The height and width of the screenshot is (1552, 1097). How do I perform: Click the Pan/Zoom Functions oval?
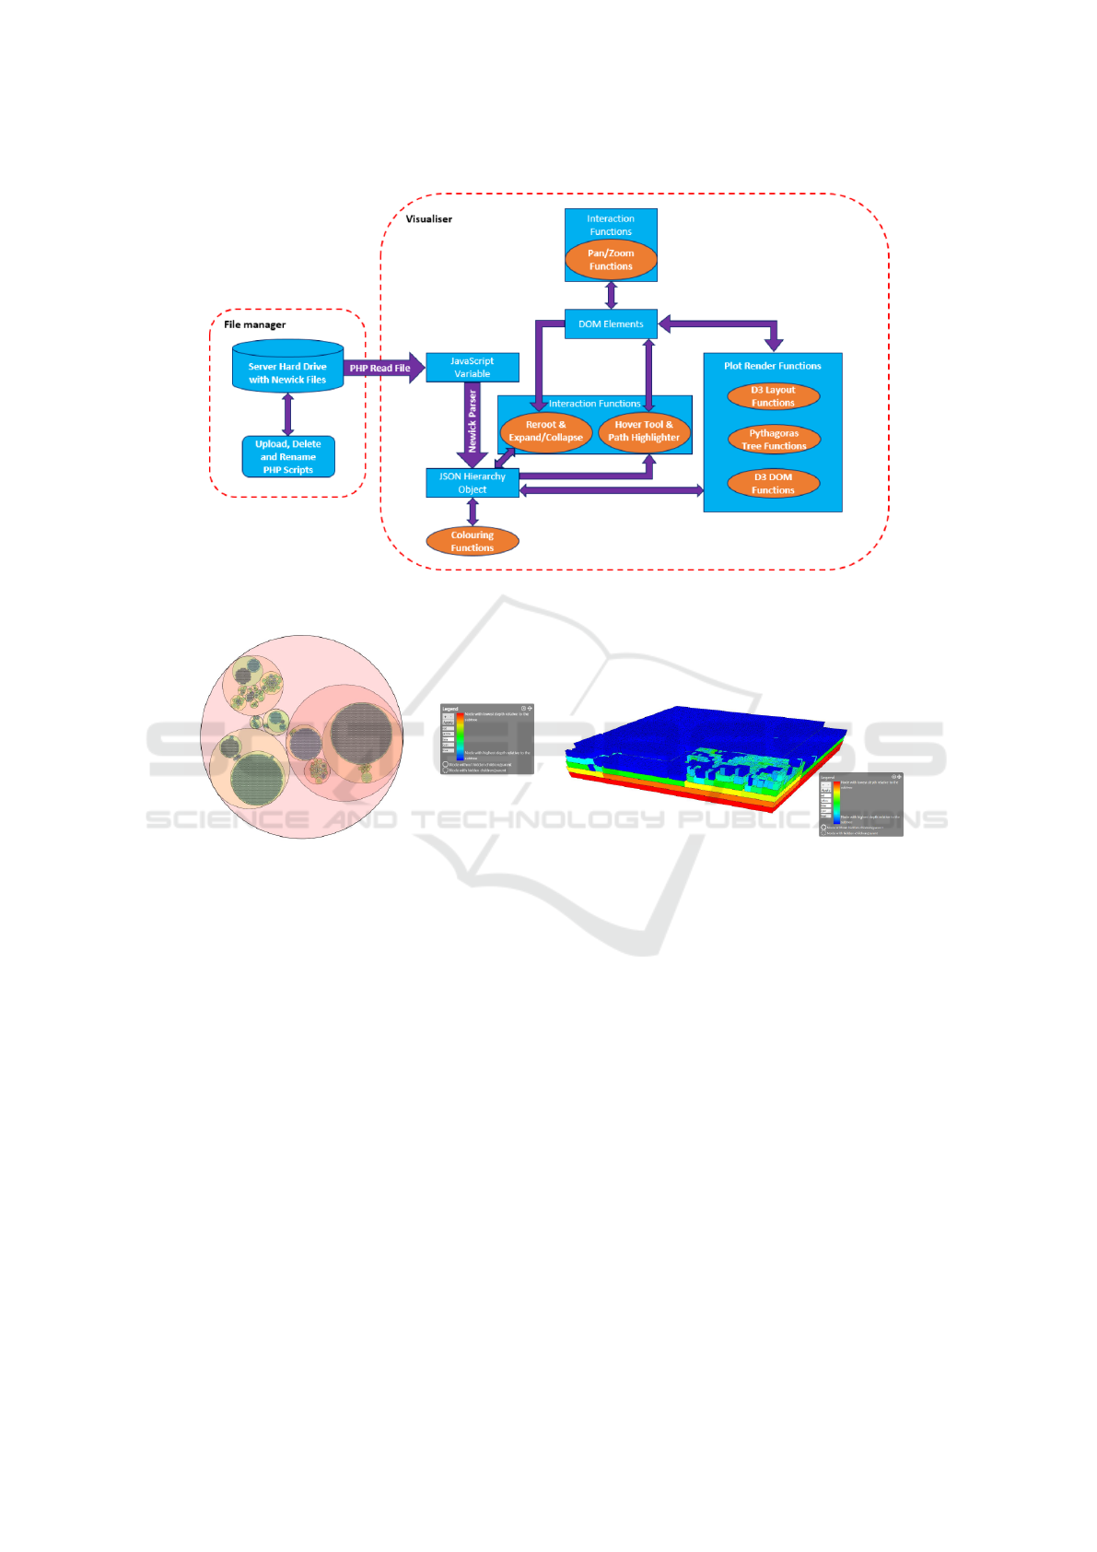pyautogui.click(x=611, y=260)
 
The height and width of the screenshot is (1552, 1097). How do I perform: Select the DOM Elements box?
pyautogui.click(x=611, y=324)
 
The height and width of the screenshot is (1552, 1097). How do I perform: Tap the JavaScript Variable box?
pyautogui.click(x=472, y=368)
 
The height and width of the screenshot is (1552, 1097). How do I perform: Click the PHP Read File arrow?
pyautogui.click(x=381, y=368)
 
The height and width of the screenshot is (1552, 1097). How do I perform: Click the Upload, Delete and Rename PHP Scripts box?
pyautogui.click(x=288, y=457)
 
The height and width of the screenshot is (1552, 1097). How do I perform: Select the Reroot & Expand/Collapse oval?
pyautogui.click(x=546, y=431)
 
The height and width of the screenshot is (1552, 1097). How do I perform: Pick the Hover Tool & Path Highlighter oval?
pyautogui.click(x=644, y=431)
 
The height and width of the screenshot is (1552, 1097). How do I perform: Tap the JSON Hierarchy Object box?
pyautogui.click(x=472, y=483)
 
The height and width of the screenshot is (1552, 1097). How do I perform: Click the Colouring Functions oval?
pyautogui.click(x=473, y=541)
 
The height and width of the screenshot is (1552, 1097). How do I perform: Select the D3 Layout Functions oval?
pyautogui.click(x=773, y=396)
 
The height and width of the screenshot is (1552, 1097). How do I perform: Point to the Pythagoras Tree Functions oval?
pyautogui.click(x=774, y=440)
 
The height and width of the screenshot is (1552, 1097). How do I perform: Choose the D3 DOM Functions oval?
pyautogui.click(x=773, y=484)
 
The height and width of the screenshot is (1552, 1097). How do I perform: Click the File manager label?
pyautogui.click(x=255, y=324)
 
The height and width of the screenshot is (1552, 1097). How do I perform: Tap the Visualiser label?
pyautogui.click(x=429, y=219)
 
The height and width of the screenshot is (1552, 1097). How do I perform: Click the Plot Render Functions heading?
pyautogui.click(x=773, y=366)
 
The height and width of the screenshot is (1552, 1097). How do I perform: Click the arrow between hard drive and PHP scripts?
pyautogui.click(x=288, y=415)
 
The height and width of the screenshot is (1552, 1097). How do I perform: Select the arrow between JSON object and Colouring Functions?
pyautogui.click(x=473, y=512)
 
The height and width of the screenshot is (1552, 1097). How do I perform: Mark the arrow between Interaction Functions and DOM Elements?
pyautogui.click(x=611, y=296)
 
